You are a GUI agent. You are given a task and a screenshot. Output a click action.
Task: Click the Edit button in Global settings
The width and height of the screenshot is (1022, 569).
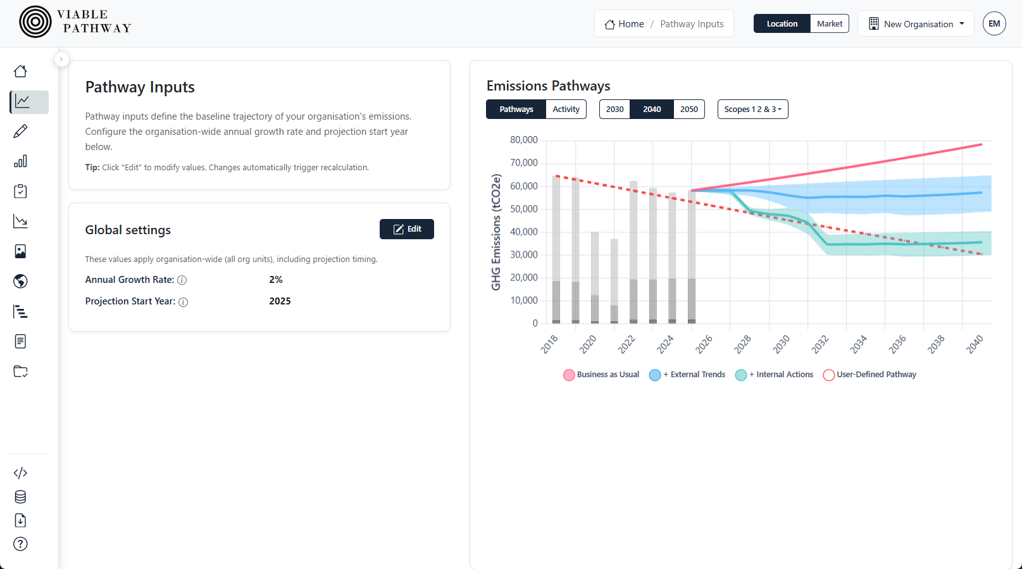coord(406,229)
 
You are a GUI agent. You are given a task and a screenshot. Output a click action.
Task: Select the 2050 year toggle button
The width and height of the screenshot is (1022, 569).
coord(689,109)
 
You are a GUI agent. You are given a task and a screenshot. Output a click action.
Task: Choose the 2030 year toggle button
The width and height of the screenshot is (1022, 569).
coord(614,109)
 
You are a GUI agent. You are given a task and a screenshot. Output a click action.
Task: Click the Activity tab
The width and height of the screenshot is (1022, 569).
coord(566,109)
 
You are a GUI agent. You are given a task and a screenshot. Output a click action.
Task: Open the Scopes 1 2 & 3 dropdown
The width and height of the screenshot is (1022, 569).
coord(752,109)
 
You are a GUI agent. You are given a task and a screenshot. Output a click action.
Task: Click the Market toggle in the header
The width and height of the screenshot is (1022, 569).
coord(829,24)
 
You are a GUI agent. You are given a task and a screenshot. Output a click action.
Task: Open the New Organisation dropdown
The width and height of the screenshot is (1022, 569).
coord(916,24)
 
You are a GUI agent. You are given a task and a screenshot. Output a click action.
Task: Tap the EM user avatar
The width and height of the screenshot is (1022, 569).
coord(994,24)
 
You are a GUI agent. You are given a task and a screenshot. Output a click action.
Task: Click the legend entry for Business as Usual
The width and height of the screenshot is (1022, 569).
coord(601,375)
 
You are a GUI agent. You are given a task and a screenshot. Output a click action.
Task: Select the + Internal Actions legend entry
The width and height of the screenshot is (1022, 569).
coord(775,375)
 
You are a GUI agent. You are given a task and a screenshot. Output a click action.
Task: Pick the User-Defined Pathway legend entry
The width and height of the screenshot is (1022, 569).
coord(869,375)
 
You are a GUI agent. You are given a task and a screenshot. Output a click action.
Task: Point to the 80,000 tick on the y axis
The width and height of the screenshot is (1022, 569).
coord(524,140)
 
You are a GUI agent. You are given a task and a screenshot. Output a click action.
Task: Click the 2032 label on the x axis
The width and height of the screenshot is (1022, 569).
coord(820,344)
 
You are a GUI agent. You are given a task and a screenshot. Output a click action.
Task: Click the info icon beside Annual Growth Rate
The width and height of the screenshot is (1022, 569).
coord(182,280)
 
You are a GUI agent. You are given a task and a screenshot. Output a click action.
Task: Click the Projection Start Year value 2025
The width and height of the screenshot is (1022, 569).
coord(280,301)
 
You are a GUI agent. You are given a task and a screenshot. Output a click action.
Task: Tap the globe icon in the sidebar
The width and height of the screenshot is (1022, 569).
coord(20,281)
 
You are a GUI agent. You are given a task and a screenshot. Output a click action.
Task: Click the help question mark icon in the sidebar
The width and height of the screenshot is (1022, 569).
coord(20,544)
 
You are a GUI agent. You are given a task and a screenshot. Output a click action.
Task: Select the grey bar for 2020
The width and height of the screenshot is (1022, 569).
coord(595,278)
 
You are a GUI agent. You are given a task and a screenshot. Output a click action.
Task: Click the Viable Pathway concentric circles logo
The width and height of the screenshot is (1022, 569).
coord(35,22)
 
